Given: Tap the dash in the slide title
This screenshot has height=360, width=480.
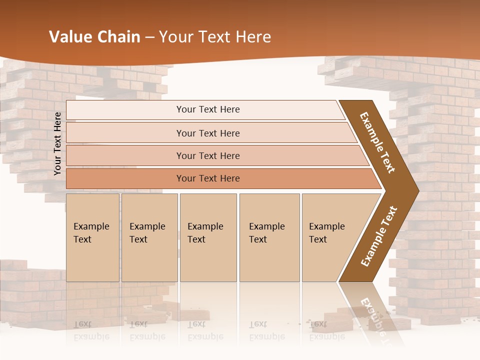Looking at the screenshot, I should pos(149,37).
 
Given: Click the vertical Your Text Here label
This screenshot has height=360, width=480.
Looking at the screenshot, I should pos(57,144).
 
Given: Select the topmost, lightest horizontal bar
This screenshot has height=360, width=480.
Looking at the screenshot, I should pos(207,109).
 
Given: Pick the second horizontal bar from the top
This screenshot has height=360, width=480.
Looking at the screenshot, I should pos(207,133).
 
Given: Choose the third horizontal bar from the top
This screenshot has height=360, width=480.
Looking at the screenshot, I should pos(207,155).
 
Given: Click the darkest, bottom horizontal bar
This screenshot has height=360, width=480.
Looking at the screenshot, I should pos(207,178).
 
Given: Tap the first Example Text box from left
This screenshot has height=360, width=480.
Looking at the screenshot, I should pos(92,237).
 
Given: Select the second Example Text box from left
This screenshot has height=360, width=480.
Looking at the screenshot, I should pos(149,237).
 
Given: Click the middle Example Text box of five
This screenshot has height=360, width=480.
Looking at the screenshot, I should pos(208,237).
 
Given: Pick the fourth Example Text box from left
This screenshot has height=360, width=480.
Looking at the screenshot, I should pos(269,237).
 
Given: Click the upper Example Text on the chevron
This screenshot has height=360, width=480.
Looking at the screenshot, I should pos(377,142).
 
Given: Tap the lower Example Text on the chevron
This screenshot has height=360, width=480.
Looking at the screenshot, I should pos(378,236).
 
